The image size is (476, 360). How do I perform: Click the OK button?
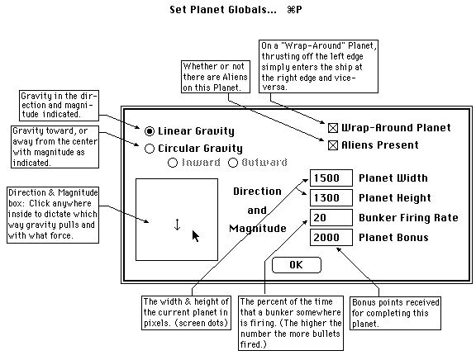[x=297, y=265]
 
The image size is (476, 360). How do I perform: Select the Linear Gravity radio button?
[x=150, y=131]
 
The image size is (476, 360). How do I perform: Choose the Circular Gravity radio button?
[x=150, y=149]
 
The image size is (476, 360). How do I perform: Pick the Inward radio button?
[x=173, y=163]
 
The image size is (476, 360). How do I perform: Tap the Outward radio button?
[x=233, y=163]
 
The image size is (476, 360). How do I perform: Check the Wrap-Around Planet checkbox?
[x=333, y=128]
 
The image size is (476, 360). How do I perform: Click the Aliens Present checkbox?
[x=333, y=145]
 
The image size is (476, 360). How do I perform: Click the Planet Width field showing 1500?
[x=331, y=178]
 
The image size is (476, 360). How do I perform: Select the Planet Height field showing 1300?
[x=331, y=197]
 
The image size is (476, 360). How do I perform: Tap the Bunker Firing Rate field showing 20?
[x=331, y=217]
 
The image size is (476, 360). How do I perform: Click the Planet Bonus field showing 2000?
[x=331, y=238]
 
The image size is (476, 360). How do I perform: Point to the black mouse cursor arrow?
[x=196, y=235]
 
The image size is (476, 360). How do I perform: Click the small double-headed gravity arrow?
[x=178, y=225]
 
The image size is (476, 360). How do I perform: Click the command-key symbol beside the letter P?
[x=291, y=10]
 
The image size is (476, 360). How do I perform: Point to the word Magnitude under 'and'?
[x=258, y=229]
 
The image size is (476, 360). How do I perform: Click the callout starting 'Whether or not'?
[x=216, y=77]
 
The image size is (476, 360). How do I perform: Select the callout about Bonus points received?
[x=395, y=313]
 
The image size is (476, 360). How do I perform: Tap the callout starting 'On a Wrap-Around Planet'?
[x=318, y=66]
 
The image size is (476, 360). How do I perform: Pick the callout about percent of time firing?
[x=291, y=324]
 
